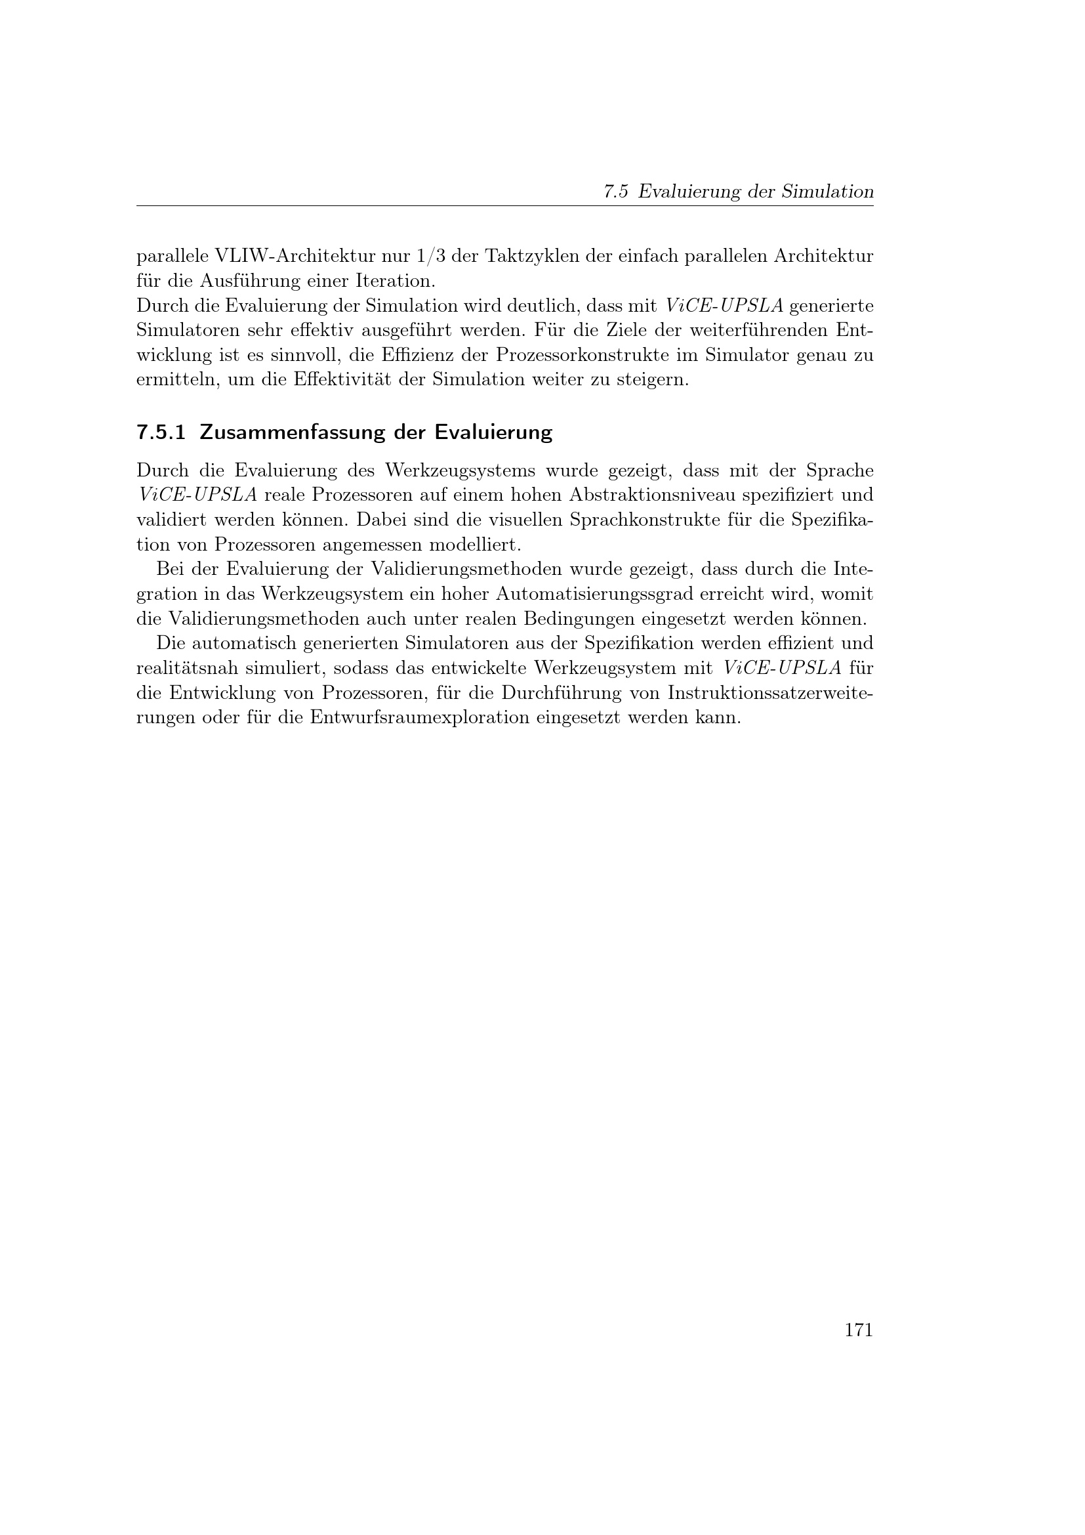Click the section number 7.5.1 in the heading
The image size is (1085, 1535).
pos(160,432)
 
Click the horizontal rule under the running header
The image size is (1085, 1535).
pos(504,206)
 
